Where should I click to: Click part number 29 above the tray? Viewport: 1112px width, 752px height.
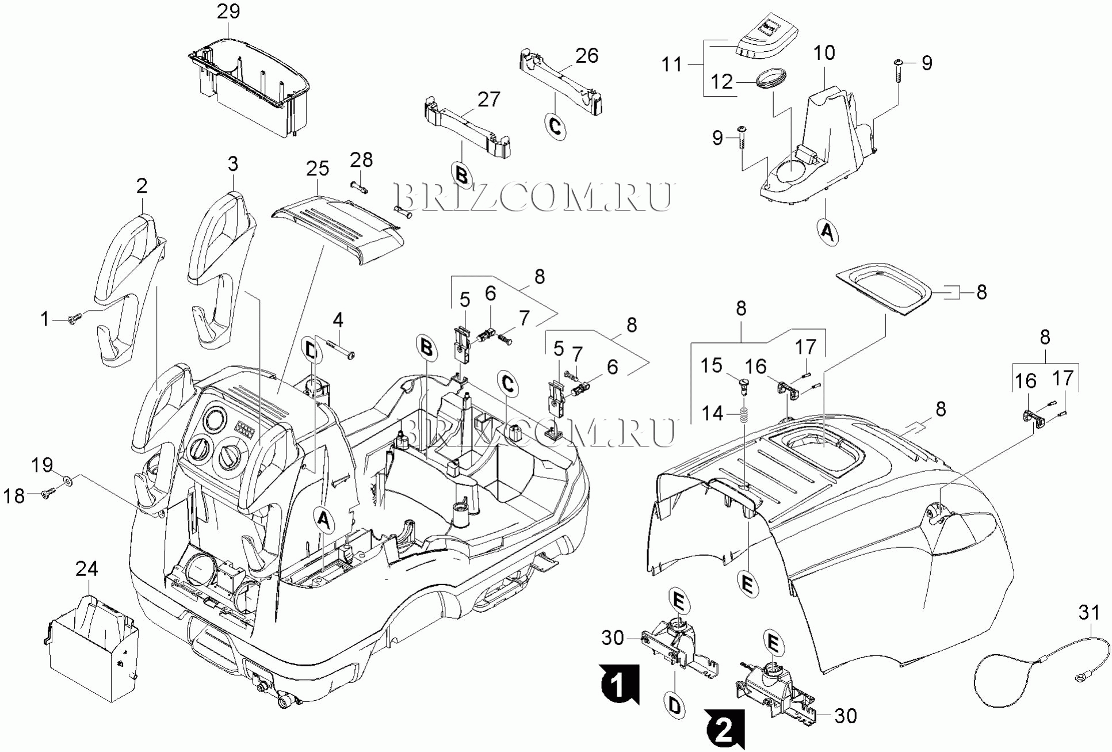pos(228,12)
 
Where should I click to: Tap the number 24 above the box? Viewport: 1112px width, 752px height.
pos(87,569)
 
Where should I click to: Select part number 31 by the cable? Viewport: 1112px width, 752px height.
pos(1089,613)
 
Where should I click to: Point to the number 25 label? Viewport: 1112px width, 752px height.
pos(318,169)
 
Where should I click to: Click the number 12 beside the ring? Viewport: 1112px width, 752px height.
pos(722,82)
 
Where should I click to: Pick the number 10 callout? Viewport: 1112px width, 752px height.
pos(824,53)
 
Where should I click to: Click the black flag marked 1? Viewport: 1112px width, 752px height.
pos(618,684)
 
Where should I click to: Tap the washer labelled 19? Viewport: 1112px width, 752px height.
pos(67,479)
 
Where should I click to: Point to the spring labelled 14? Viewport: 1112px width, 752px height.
pos(744,414)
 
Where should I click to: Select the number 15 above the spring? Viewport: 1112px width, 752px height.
pos(711,365)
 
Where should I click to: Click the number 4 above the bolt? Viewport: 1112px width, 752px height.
pos(338,320)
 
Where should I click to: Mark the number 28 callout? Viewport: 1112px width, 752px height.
pos(361,159)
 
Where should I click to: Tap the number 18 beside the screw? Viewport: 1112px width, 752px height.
pos(14,496)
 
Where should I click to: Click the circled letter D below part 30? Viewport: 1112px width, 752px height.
pos(675,705)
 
